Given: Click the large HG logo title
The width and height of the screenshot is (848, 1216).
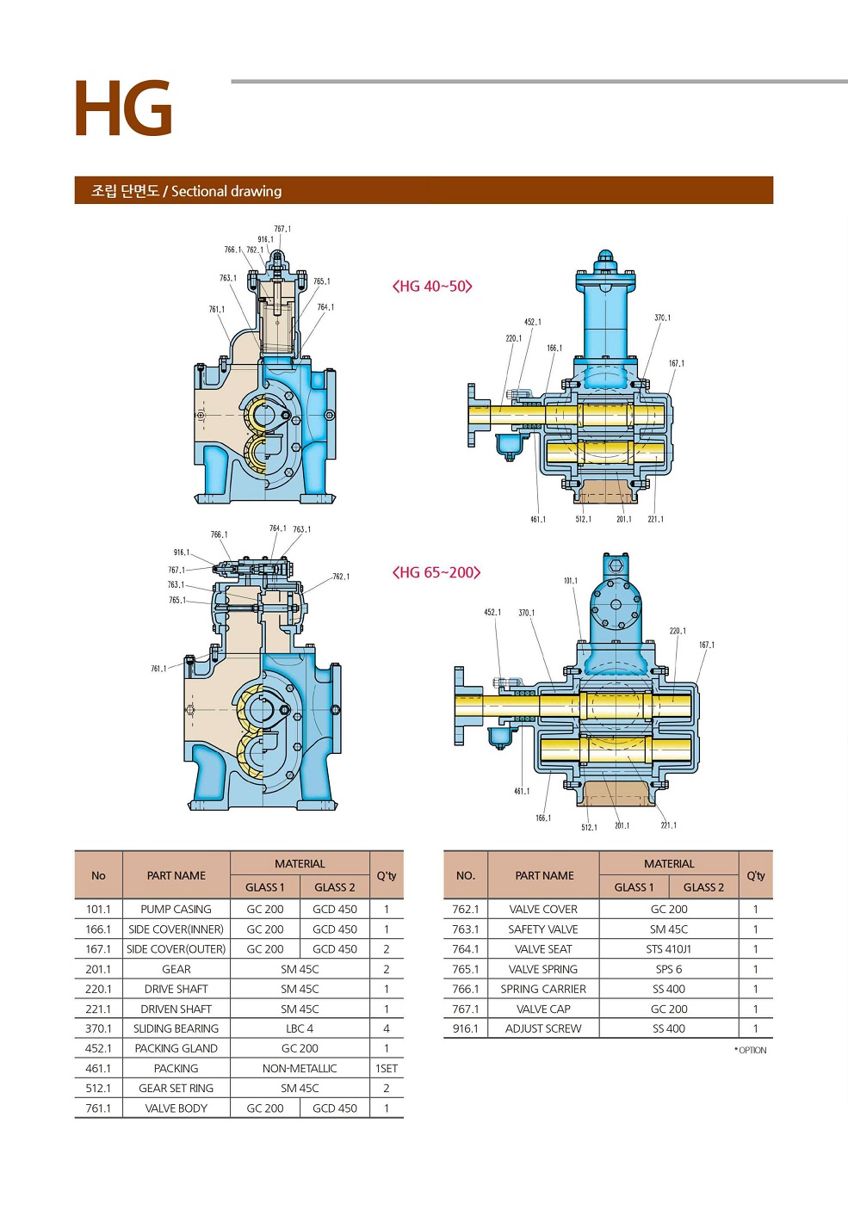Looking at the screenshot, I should click(x=124, y=109).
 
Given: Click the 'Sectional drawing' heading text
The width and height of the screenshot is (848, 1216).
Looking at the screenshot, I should click(x=226, y=191).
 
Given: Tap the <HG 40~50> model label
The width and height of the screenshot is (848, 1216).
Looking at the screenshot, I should click(x=432, y=287).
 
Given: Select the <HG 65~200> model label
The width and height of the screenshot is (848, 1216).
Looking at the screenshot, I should click(x=436, y=572).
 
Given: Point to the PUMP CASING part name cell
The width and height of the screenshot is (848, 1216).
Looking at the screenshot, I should click(x=176, y=909).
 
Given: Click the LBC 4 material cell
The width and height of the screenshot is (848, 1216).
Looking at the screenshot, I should click(x=300, y=1028).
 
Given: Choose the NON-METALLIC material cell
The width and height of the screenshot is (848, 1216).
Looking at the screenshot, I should click(x=300, y=1068).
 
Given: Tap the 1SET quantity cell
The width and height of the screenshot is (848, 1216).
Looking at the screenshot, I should click(x=387, y=1068).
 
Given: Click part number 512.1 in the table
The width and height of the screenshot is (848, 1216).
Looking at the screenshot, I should click(x=98, y=1088).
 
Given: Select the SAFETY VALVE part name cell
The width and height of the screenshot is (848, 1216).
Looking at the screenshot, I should click(x=543, y=929).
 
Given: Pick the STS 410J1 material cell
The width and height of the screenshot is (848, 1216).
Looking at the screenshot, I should click(x=669, y=949).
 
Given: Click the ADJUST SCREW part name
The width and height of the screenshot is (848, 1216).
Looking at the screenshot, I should click(x=543, y=1028).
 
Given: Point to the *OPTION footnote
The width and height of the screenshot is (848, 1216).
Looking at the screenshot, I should click(x=751, y=1050).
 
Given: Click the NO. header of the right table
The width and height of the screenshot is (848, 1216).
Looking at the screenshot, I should click(x=466, y=875).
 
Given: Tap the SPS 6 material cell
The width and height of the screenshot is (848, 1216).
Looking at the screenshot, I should click(x=669, y=969).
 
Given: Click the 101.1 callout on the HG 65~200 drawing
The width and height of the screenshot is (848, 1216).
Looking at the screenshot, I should click(x=571, y=581).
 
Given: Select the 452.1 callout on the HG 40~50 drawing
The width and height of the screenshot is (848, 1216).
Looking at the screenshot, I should click(x=533, y=323).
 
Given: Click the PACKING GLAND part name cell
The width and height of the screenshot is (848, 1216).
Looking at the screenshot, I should click(x=176, y=1048).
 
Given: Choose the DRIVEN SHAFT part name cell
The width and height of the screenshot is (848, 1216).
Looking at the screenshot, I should click(x=176, y=1009).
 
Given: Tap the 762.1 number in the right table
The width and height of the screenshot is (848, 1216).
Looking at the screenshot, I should click(x=466, y=909).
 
